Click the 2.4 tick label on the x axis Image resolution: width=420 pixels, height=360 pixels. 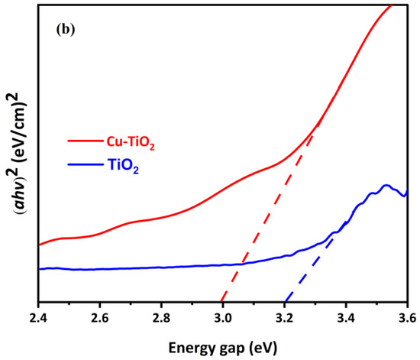point(38,314)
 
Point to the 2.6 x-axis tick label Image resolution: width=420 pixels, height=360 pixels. point(100,314)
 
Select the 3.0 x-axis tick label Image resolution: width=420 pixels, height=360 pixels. point(223,314)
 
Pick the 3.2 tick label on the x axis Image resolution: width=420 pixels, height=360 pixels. point(285,314)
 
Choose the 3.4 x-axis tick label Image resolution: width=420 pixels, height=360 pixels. point(347,314)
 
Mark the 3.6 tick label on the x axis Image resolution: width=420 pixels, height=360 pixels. point(407,314)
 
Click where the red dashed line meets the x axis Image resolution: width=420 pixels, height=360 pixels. point(221,302)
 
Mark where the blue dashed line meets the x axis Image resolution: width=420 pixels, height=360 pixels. point(284,302)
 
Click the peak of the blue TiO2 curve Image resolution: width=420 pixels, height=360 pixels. point(386,185)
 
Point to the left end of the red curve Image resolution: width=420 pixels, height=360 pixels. point(39,245)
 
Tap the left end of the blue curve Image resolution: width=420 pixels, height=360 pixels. point(39,268)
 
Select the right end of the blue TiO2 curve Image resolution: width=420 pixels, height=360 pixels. point(408,190)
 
